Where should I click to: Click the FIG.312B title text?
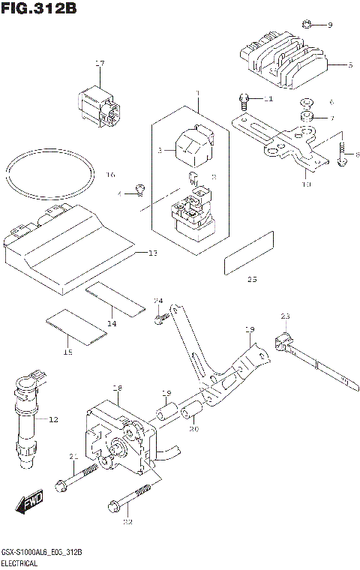click(x=39, y=9)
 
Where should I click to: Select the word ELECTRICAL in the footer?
click(x=23, y=562)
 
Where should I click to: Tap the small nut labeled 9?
click(x=307, y=25)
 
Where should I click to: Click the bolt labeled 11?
click(x=244, y=98)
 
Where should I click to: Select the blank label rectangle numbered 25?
click(x=250, y=253)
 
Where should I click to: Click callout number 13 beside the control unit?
click(x=152, y=254)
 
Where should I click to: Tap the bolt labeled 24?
click(x=160, y=319)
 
